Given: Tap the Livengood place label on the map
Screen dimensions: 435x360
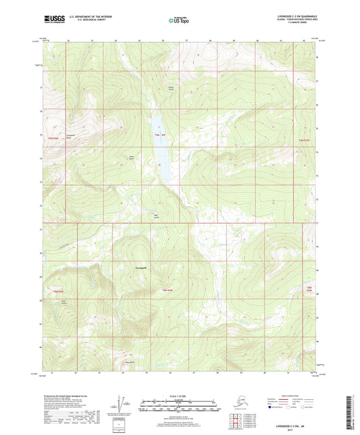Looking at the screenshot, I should (x=141, y=268).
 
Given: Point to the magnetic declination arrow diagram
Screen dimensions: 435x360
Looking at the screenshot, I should (x=122, y=404).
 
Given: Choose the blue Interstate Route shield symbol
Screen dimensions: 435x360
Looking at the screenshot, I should (x=274, y=408).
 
